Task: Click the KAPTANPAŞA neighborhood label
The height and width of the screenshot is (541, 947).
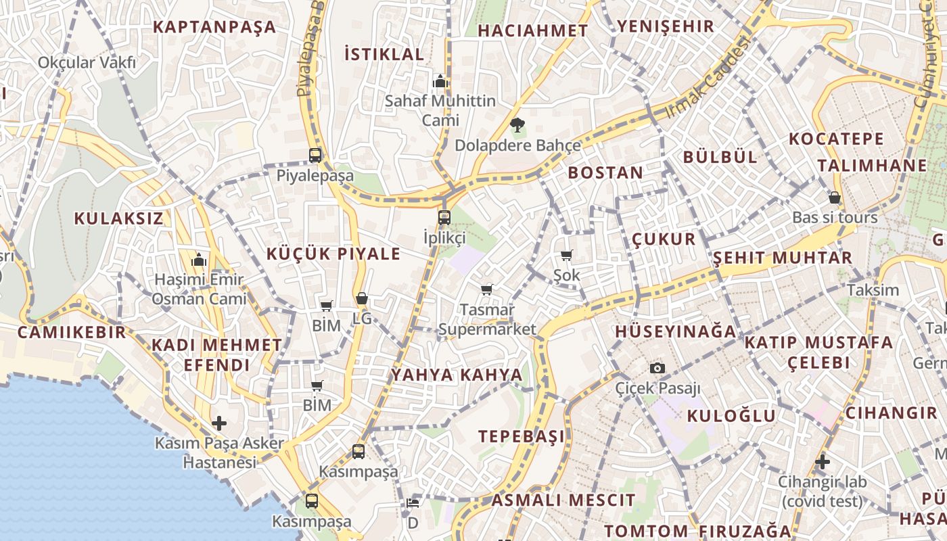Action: pyautogui.click(x=214, y=27)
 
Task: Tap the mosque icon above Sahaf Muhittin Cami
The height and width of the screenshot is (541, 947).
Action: pyautogui.click(x=440, y=82)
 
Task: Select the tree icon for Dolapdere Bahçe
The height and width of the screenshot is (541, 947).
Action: pyautogui.click(x=517, y=125)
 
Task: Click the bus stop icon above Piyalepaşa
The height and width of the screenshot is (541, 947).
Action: pyautogui.click(x=315, y=155)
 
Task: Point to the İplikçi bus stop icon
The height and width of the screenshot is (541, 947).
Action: pyautogui.click(x=444, y=218)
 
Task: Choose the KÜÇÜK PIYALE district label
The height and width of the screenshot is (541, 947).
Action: pyautogui.click(x=333, y=254)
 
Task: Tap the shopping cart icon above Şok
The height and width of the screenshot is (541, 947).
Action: pyautogui.click(x=566, y=256)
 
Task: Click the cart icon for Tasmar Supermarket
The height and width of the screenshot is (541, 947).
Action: pyautogui.click(x=486, y=290)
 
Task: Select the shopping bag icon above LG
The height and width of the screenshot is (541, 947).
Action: pyautogui.click(x=362, y=298)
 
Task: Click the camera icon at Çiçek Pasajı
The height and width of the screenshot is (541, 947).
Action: pyautogui.click(x=657, y=369)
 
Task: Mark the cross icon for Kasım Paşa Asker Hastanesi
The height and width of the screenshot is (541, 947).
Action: pyautogui.click(x=219, y=424)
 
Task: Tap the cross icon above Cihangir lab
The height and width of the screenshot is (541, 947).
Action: pyautogui.click(x=822, y=463)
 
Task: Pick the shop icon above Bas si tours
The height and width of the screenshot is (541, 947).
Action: pyautogui.click(x=835, y=197)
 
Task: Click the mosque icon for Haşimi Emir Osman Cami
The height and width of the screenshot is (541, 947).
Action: pyautogui.click(x=199, y=260)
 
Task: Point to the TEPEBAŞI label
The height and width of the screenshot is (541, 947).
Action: pyautogui.click(x=522, y=437)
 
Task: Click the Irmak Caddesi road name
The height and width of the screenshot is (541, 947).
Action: pyautogui.click(x=709, y=77)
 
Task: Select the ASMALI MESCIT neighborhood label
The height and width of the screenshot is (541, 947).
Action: pyautogui.click(x=563, y=500)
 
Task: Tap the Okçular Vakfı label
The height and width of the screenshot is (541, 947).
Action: pyautogui.click(x=87, y=63)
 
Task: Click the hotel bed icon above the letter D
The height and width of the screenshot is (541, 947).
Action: pyautogui.click(x=413, y=502)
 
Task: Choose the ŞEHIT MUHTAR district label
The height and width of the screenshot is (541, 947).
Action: pyautogui.click(x=783, y=258)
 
